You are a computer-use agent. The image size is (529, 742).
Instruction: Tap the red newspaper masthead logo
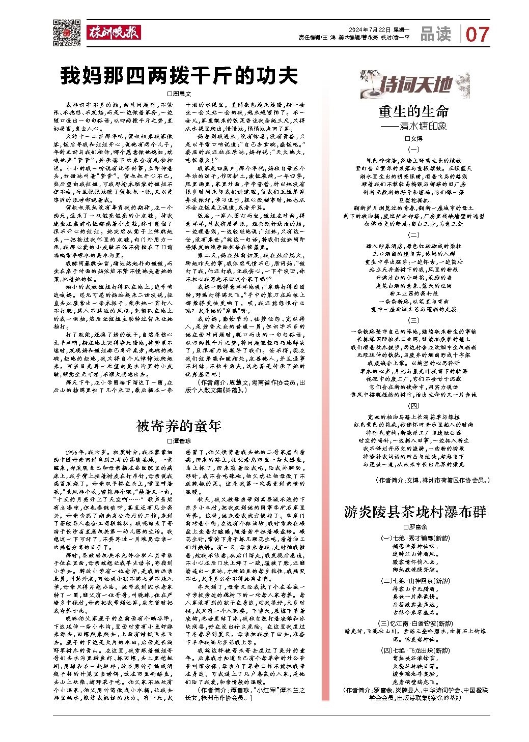113,32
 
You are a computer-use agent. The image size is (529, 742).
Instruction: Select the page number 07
477,35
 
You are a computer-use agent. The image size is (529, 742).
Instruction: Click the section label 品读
436,34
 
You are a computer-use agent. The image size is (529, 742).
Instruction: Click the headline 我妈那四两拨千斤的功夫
179,76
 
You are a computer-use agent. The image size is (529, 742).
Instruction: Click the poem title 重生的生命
413,112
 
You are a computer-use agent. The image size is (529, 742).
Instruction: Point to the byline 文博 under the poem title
413,138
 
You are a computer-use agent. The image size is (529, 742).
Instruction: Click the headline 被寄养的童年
179,426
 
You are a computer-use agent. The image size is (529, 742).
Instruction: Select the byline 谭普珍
179,441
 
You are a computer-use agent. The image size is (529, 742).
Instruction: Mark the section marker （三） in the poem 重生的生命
414,320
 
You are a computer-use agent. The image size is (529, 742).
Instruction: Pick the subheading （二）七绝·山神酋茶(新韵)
414,580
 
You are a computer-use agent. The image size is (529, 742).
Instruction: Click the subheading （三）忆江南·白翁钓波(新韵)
414,624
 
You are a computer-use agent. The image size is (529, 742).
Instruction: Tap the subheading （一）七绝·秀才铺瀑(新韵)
414,538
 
